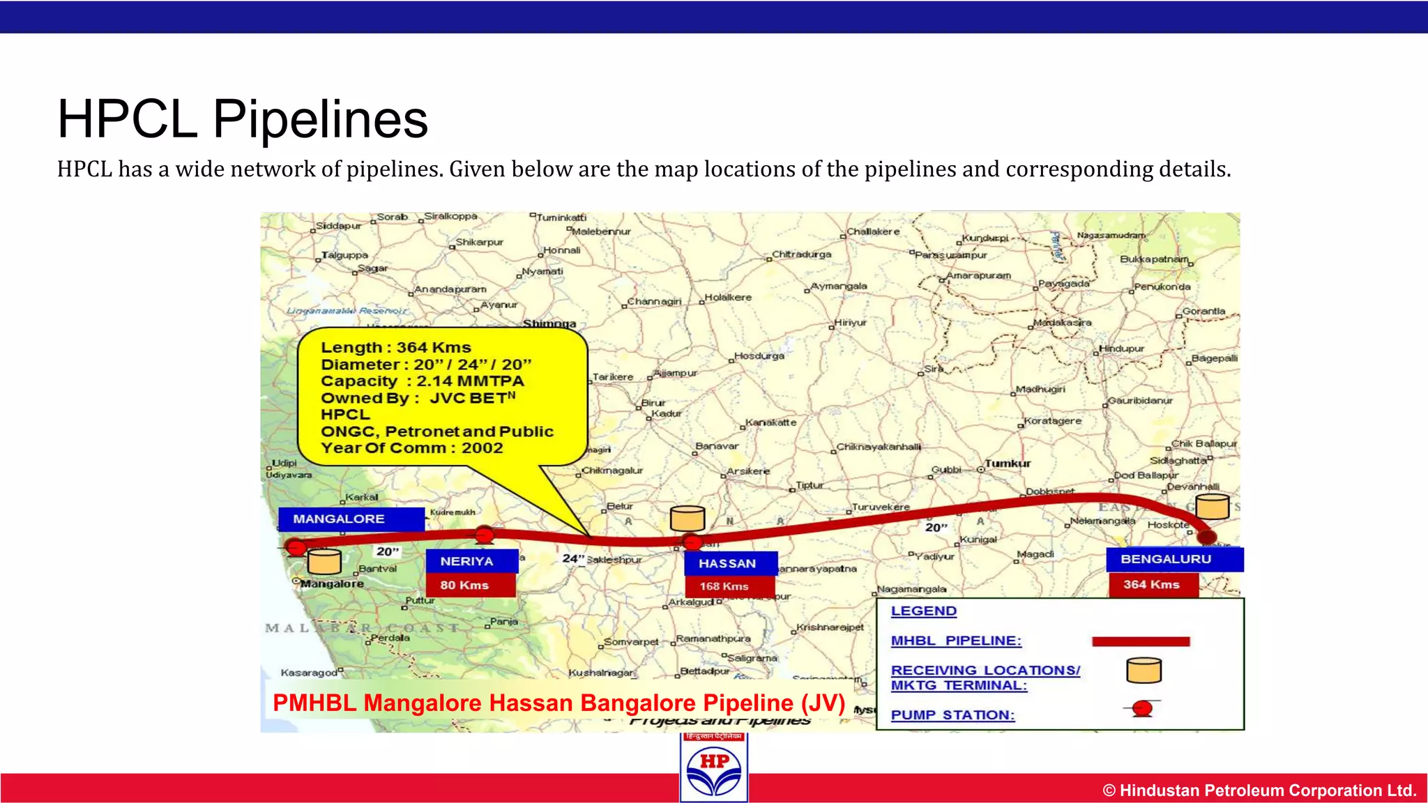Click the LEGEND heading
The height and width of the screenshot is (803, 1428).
923,611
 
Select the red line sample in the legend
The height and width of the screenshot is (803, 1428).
1140,641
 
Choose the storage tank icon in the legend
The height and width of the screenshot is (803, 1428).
1144,671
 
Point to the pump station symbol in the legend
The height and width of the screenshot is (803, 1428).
1142,709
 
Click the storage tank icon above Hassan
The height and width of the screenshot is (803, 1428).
688,519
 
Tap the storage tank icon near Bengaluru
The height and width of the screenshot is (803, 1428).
1213,507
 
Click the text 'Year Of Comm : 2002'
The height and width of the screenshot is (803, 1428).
411,448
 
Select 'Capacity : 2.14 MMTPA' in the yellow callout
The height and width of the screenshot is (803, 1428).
422,381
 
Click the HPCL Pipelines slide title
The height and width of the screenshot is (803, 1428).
242,119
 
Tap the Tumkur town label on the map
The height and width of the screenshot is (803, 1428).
1008,464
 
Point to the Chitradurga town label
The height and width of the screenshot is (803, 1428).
802,254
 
